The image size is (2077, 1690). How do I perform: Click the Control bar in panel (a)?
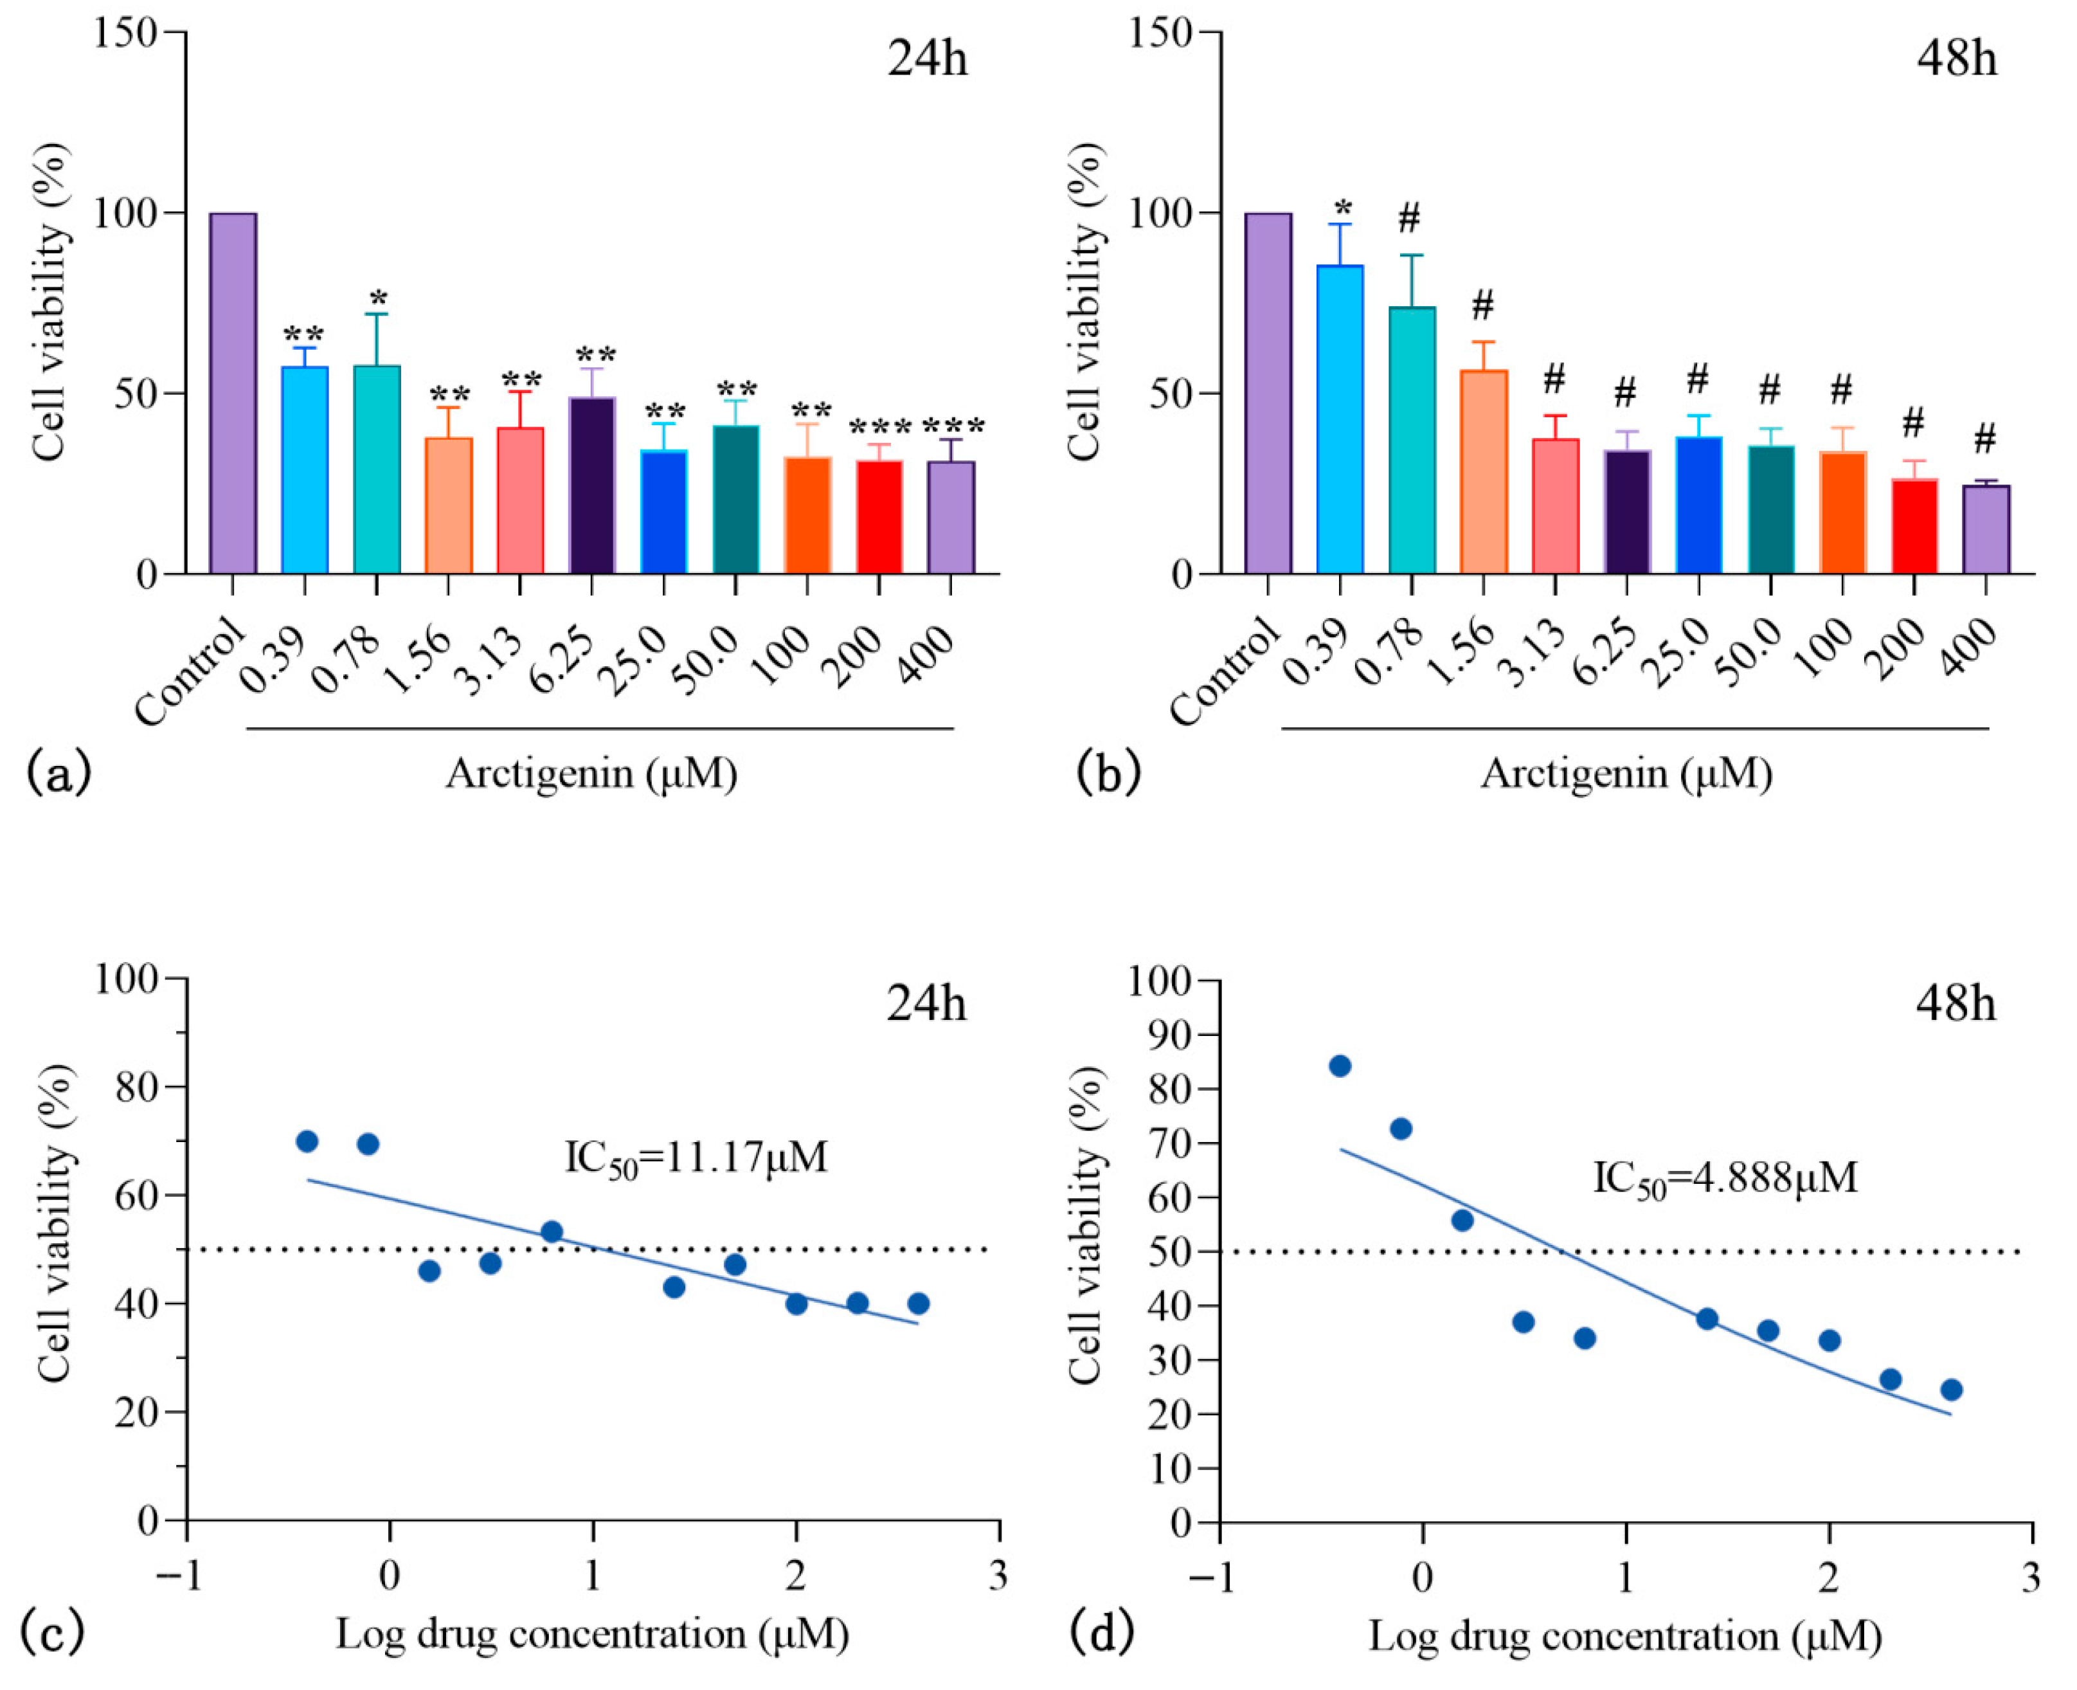click(233, 394)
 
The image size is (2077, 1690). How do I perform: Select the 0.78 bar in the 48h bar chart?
click(1411, 440)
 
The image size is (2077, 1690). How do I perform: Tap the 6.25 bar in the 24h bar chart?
click(592, 485)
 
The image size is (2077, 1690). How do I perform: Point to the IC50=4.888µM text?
click(1725, 1179)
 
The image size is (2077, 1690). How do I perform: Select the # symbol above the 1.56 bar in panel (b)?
click(1482, 305)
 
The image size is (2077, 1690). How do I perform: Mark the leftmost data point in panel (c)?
click(307, 1141)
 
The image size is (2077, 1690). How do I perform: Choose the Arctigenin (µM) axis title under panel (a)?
click(591, 773)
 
